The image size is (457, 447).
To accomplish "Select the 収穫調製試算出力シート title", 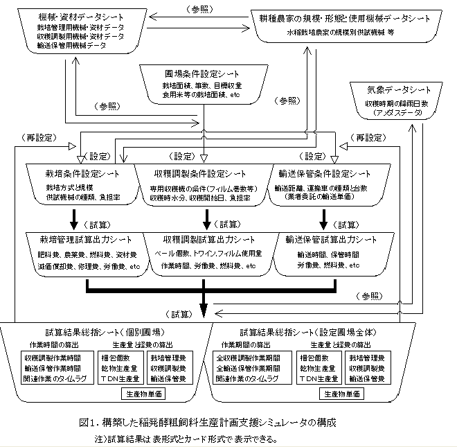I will pos(207,239).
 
